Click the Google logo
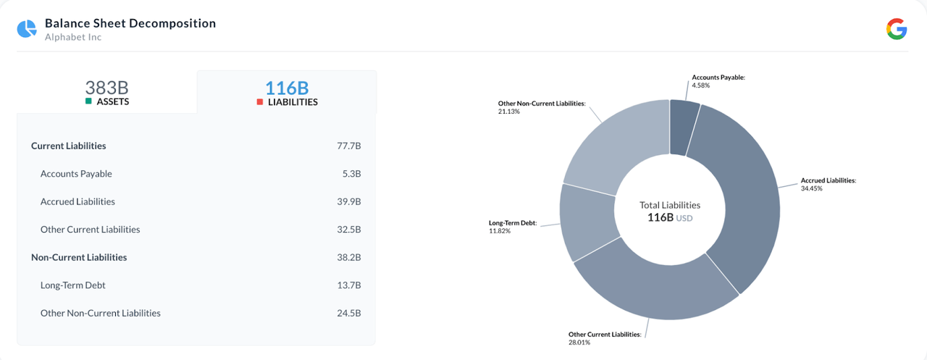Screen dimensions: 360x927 [x=897, y=29]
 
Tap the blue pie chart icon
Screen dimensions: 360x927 [x=27, y=29]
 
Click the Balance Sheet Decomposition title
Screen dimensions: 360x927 [x=130, y=23]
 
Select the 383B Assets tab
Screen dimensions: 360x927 [x=106, y=93]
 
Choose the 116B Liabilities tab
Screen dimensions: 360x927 [x=287, y=93]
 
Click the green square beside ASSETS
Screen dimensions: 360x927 [x=88, y=102]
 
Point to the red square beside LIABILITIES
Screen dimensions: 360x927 [x=260, y=102]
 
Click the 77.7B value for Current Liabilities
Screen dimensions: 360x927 [x=348, y=146]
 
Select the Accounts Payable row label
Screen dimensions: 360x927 [x=76, y=174]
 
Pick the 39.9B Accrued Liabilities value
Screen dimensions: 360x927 [x=348, y=202]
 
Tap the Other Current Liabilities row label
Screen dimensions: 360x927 [x=90, y=230]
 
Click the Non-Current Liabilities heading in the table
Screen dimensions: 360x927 [x=79, y=258]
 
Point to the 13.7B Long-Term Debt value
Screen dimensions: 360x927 [x=348, y=285]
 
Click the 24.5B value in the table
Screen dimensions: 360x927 [x=348, y=314]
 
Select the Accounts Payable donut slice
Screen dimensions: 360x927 [x=684, y=127]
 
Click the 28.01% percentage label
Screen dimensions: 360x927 [x=579, y=343]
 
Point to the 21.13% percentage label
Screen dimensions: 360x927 [x=508, y=112]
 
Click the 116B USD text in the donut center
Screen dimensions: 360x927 [x=670, y=217]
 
